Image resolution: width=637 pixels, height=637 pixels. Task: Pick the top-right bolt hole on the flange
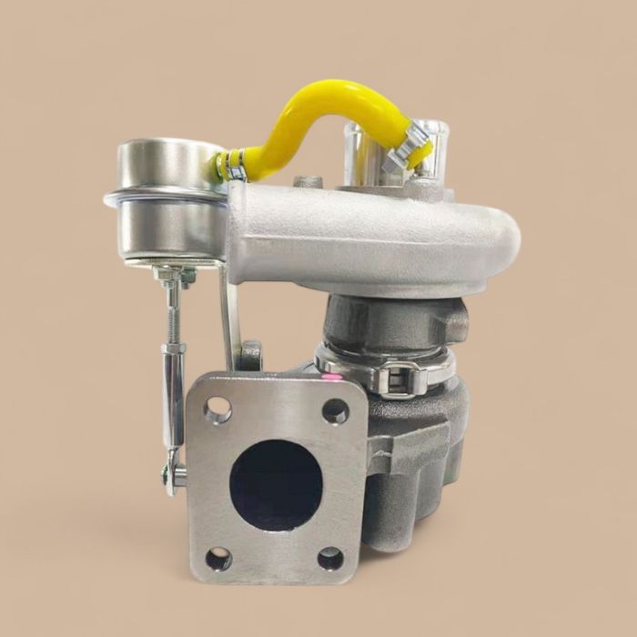tap(335, 411)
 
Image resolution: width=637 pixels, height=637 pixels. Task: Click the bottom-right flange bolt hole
tap(330, 558)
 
